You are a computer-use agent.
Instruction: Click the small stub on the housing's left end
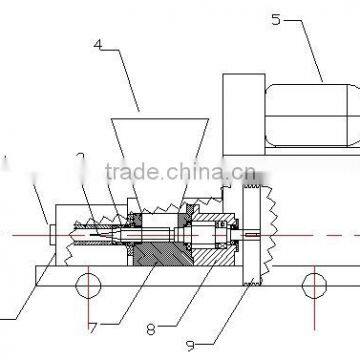(51, 235)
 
